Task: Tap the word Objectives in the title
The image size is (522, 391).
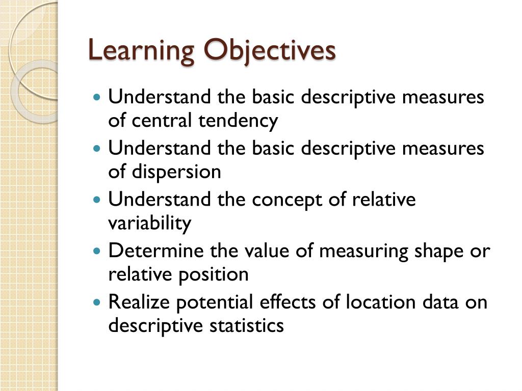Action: click(x=270, y=51)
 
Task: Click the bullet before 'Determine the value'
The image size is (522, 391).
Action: click(x=98, y=251)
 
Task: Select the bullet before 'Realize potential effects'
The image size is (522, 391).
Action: click(x=98, y=302)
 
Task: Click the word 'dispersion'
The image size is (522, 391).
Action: click(x=176, y=172)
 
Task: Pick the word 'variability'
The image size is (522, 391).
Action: click(x=149, y=223)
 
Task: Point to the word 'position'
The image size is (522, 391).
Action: click(x=213, y=275)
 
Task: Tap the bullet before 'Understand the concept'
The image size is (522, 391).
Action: click(x=98, y=200)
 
